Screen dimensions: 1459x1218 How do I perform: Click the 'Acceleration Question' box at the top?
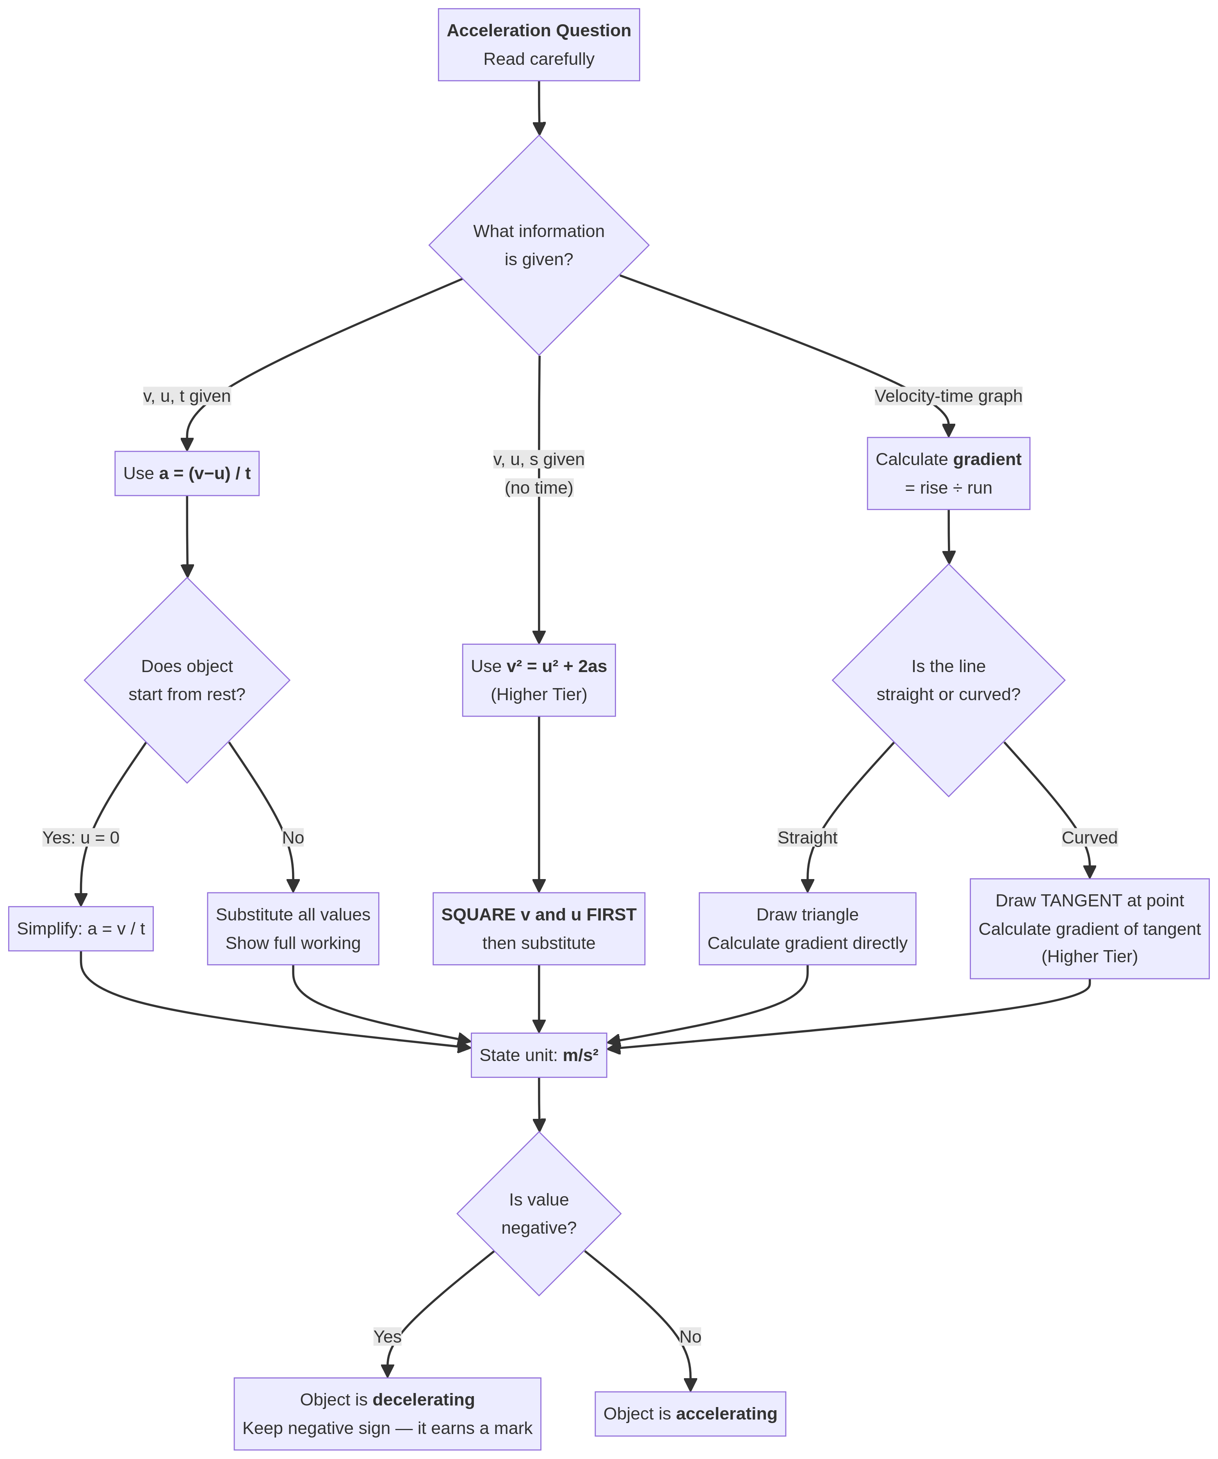(538, 45)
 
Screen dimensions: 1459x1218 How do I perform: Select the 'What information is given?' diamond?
(538, 245)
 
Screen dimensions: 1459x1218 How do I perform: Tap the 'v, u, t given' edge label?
(187, 396)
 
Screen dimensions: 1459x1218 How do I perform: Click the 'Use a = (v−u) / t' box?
(187, 473)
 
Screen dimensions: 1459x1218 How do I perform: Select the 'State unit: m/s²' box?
(538, 1055)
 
